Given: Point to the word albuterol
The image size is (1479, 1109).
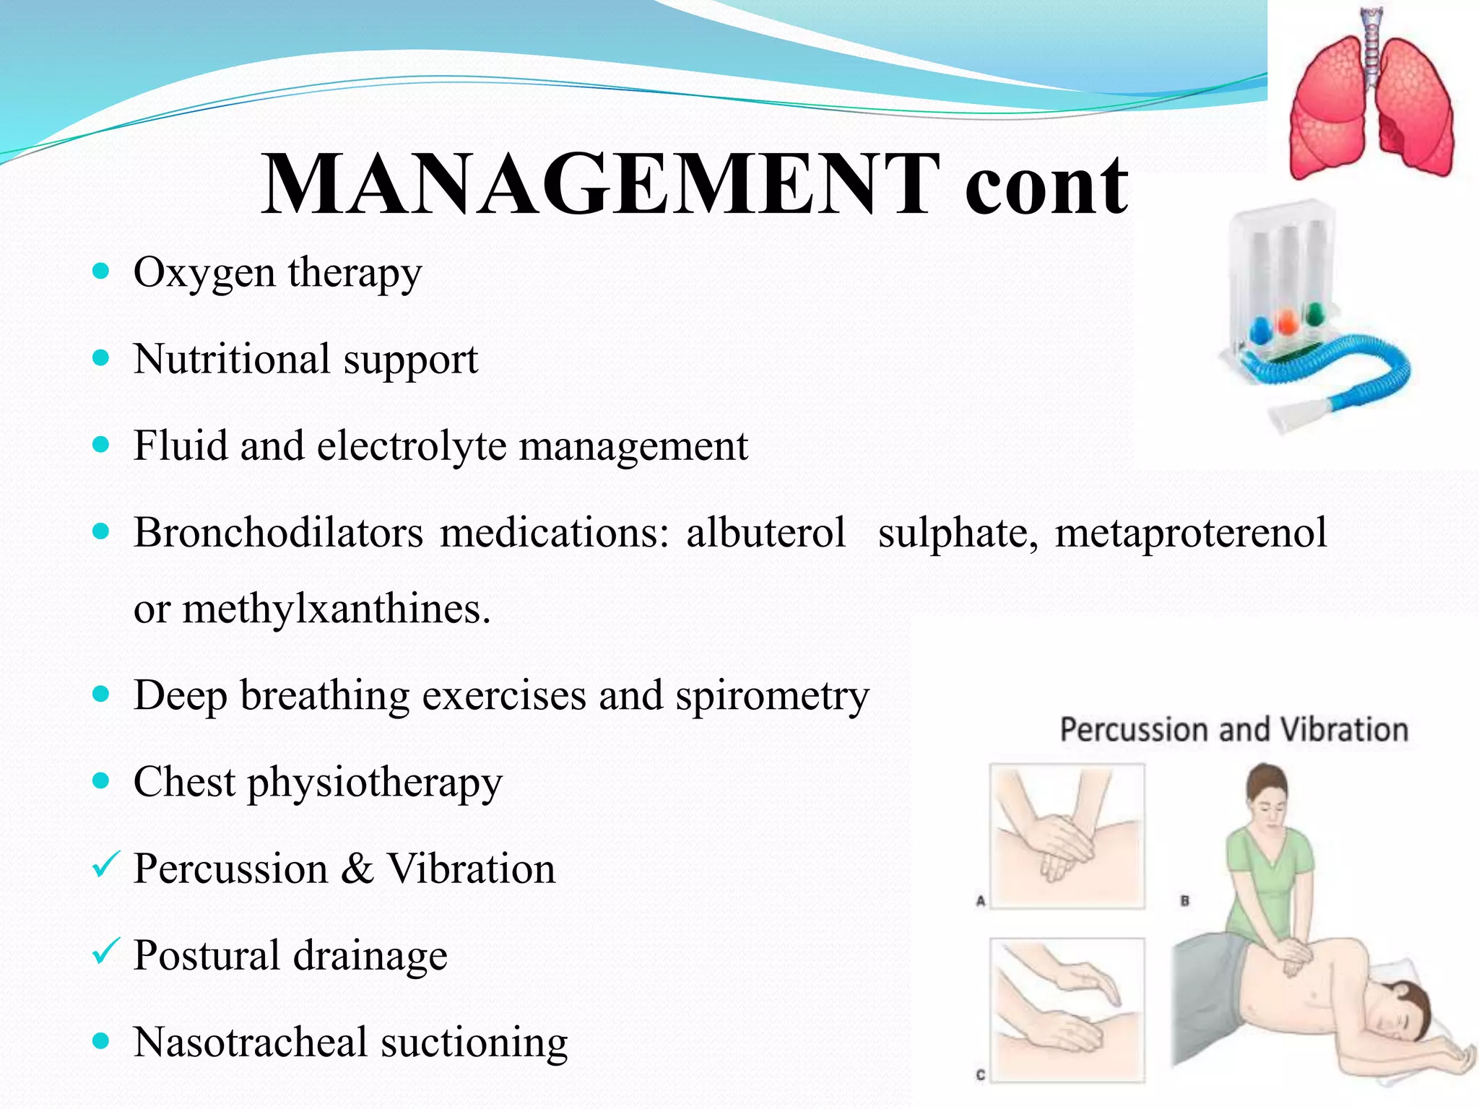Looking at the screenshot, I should point(765,533).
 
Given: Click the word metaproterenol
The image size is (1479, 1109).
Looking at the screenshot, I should point(1190,533).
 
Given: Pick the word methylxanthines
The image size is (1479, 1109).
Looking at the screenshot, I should point(337,609).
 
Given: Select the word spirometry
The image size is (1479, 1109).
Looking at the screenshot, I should point(772,695).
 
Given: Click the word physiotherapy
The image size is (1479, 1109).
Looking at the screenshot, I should point(375,782).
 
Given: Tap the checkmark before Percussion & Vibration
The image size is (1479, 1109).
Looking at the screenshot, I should point(105,864).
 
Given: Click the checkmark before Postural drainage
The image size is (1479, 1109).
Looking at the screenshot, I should point(105,951).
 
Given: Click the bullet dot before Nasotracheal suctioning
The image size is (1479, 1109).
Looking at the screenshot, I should point(101,1041).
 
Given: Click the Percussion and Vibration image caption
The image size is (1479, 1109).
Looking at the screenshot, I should point(1233,729).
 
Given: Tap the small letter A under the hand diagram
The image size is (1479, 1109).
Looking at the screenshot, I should point(981,900).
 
